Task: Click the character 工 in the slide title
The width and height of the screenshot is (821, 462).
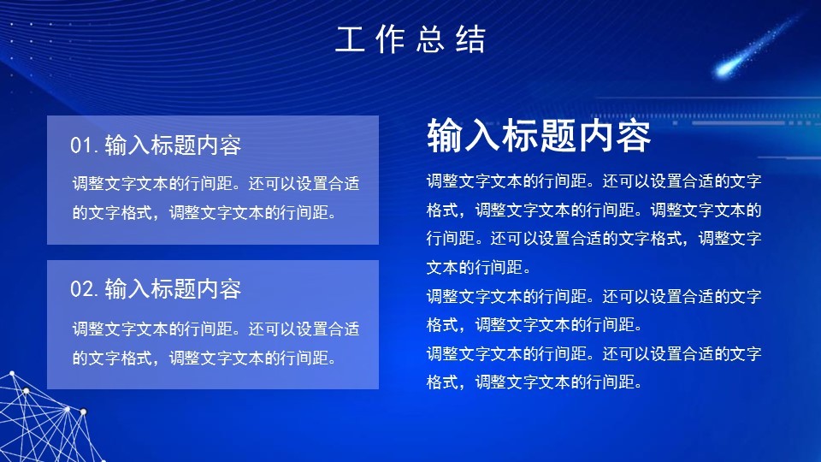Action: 350,40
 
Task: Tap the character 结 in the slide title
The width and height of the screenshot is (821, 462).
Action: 471,40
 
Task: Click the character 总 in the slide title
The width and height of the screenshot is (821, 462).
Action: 430,40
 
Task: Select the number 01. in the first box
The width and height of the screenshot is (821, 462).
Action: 85,145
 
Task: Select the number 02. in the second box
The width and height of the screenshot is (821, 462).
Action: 85,289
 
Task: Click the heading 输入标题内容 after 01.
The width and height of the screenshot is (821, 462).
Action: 173,145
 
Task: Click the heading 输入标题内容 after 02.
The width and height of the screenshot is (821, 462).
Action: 173,289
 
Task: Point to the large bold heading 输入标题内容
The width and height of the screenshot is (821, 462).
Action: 539,135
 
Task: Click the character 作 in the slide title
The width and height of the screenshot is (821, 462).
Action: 390,40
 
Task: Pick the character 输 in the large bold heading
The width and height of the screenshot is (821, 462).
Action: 445,135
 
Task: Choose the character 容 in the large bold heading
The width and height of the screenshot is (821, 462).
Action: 633,135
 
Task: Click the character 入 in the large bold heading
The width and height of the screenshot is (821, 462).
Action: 482,135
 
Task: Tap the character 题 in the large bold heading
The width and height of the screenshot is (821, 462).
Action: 558,135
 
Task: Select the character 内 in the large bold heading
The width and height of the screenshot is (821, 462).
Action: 595,135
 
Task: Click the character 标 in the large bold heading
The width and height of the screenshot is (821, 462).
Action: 520,135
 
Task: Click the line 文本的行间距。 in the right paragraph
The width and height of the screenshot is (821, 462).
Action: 479,268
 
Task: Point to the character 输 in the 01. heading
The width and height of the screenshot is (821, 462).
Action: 116,145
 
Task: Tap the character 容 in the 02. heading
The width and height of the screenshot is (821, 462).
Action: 230,289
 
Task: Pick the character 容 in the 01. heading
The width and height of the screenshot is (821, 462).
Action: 230,145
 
